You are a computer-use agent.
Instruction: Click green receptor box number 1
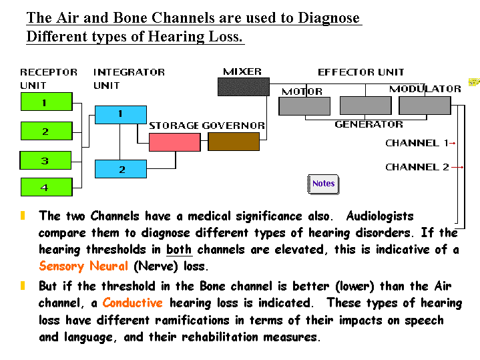coord(45,102)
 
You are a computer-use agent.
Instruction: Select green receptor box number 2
coord(45,132)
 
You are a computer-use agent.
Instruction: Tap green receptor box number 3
coord(45,160)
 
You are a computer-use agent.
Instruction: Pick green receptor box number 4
coord(45,188)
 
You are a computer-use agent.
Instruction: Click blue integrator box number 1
coord(121,114)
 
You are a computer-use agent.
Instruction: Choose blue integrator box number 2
coord(121,169)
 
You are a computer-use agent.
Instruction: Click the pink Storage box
coord(174,142)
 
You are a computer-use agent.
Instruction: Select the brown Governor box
coord(233,142)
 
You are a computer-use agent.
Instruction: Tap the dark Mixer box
coord(244,87)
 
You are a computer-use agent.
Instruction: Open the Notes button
coord(324,184)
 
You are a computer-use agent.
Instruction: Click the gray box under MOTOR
coord(305,106)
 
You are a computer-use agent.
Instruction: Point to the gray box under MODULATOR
coord(425,106)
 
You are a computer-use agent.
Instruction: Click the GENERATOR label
coord(369,124)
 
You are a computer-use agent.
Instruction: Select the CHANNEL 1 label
coord(417,143)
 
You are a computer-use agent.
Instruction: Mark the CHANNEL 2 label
coord(417,167)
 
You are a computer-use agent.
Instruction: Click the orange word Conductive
coord(132,303)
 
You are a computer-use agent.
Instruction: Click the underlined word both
coord(179,250)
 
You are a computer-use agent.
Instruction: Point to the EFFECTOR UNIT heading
coord(361,72)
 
